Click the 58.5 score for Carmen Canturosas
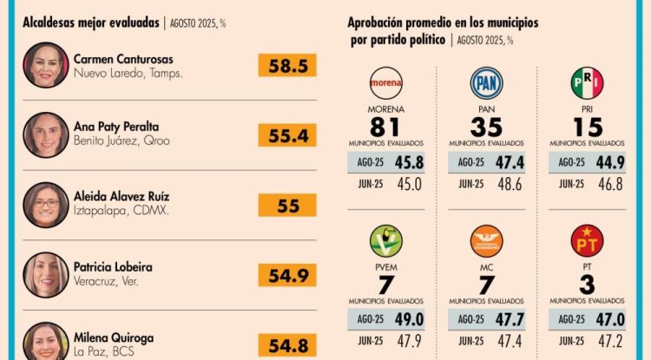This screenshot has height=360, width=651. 286,65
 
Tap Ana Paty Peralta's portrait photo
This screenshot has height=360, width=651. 46,134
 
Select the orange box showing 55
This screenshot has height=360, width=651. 286,205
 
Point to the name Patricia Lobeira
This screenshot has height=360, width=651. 114,267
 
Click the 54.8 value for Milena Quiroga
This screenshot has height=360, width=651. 286,345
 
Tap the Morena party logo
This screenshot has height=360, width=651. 386,83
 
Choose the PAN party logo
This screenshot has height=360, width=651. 486,83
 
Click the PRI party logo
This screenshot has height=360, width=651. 587,83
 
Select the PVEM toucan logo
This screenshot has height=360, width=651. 386,240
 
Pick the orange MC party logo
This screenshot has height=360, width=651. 486,240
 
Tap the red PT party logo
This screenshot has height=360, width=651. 587,240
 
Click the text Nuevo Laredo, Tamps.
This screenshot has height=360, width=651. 128,74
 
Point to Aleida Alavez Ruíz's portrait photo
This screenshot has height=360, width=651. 46,205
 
